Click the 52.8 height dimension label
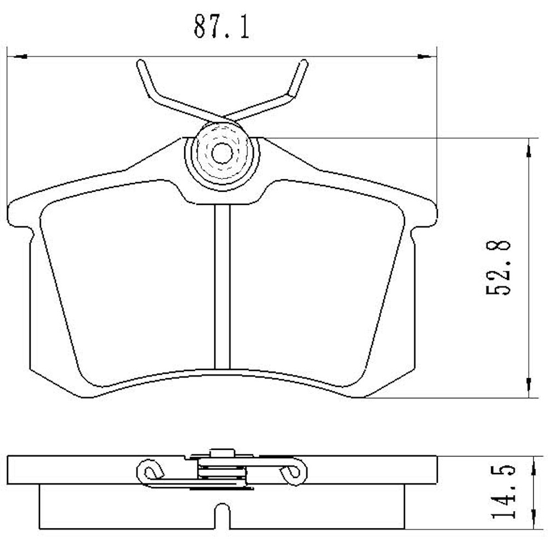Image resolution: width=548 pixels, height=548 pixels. click(499, 267)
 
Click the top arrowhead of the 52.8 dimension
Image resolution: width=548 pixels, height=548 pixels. click(528, 148)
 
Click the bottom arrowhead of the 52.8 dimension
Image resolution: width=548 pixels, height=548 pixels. click(528, 386)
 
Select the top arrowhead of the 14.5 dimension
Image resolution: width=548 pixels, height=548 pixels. click(533, 464)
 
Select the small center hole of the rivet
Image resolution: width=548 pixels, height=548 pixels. click(221, 153)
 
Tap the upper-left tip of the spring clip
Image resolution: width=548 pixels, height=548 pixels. click(140, 65)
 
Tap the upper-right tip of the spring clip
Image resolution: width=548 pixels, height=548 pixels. click(303, 65)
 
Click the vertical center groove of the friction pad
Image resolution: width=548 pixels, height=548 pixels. click(222, 285)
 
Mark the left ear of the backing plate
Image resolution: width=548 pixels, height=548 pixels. click(20, 216)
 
